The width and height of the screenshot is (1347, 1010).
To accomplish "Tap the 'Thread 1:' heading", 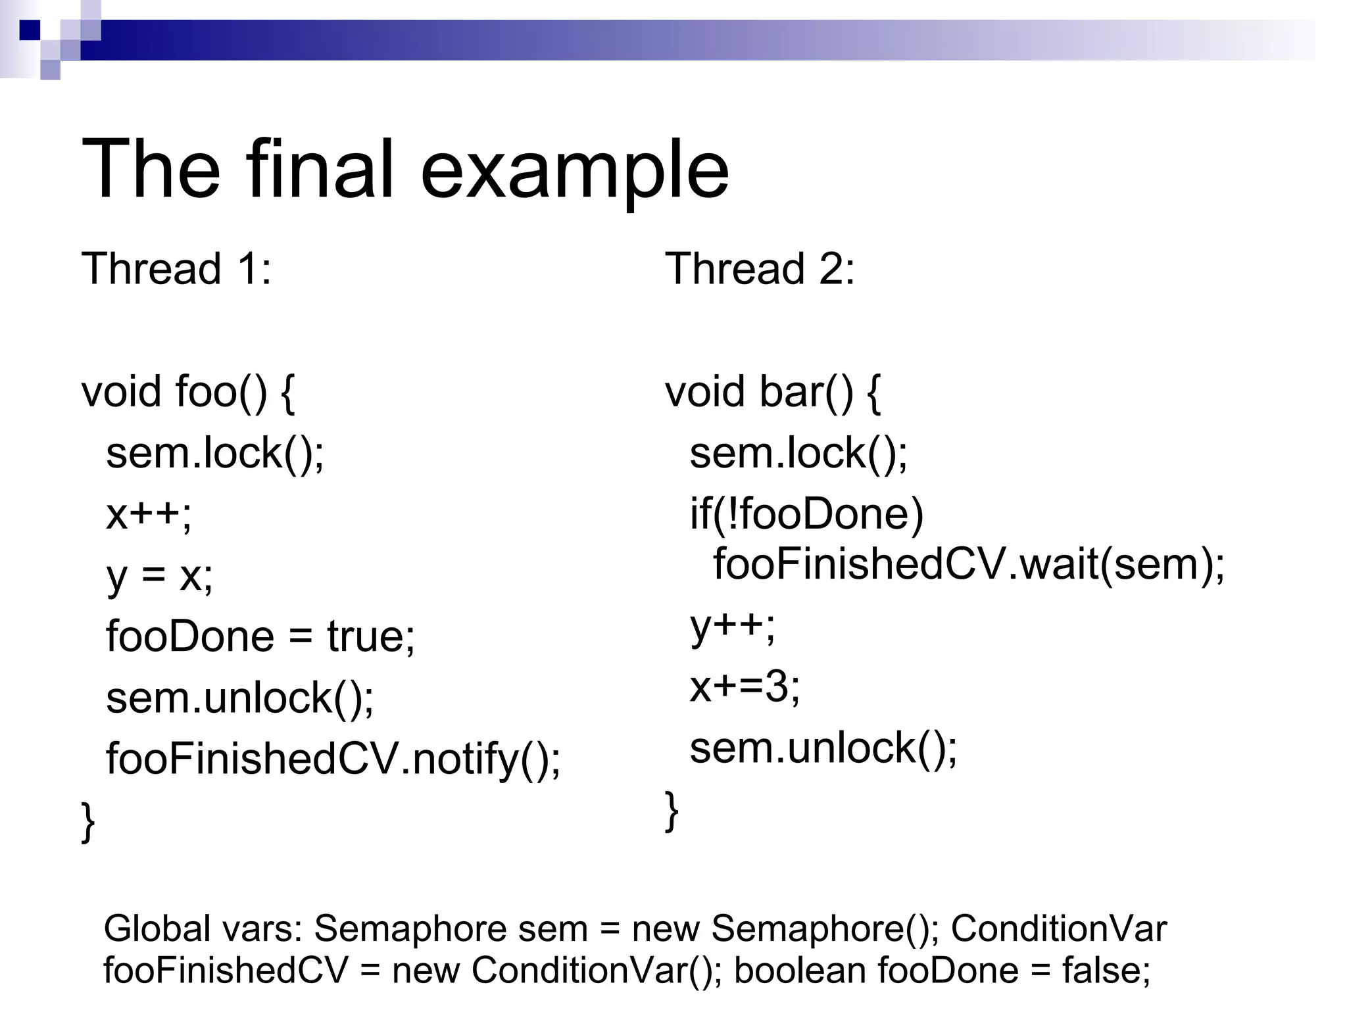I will [x=176, y=269].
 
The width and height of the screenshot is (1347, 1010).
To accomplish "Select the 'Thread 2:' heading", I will [x=760, y=269].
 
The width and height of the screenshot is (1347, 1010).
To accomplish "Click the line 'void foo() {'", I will [x=188, y=392].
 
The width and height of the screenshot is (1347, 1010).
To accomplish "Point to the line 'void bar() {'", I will [x=772, y=392].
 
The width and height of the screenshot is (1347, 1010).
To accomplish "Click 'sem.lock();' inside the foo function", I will [x=215, y=453].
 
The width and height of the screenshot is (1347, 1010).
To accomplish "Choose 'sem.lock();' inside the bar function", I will [x=798, y=453].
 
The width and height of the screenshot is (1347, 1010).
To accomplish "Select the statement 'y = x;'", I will [x=160, y=575].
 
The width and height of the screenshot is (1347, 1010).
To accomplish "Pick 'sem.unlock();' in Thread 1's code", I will [x=240, y=698].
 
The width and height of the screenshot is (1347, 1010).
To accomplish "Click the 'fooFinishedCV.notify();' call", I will [x=333, y=759].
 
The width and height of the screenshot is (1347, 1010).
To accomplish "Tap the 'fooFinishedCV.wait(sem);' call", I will [x=969, y=564].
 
